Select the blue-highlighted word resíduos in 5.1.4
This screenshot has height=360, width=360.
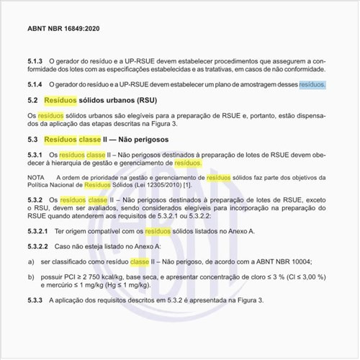(312, 84)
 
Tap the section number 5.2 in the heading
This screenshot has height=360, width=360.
(32, 101)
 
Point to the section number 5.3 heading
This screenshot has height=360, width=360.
(32, 138)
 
